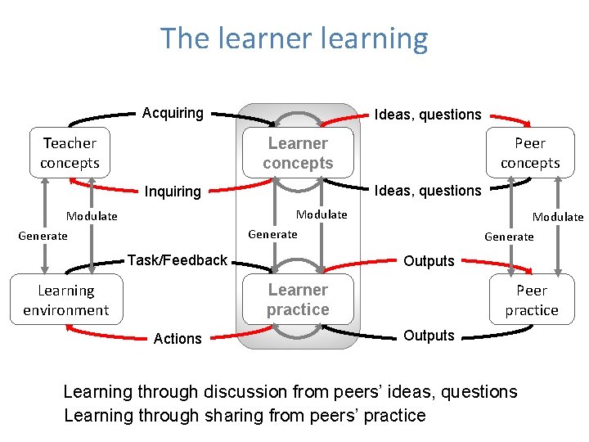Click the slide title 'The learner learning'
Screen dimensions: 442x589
[x=294, y=38]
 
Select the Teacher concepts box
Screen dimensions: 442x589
[x=70, y=153]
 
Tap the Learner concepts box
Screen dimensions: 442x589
[x=298, y=153]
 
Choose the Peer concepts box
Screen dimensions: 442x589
[x=530, y=153]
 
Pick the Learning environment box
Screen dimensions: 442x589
[x=65, y=300]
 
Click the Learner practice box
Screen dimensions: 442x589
[x=298, y=300]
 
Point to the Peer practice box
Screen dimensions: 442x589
[x=531, y=300]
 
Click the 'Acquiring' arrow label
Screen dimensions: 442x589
[x=173, y=113]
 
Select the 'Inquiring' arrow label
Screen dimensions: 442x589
[x=173, y=192]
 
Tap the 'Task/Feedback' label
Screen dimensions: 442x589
[x=177, y=260]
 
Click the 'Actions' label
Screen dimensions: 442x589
[x=178, y=339]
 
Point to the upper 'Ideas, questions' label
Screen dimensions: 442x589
[x=427, y=115]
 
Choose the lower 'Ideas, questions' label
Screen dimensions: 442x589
[x=427, y=191]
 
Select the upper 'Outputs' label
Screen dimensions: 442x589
[x=429, y=261]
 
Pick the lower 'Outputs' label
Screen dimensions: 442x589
[x=429, y=336]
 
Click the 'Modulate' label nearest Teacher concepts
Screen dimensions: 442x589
[x=92, y=217]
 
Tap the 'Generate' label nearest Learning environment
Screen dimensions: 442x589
[x=43, y=236]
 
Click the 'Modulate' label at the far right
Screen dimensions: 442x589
[x=558, y=217]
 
